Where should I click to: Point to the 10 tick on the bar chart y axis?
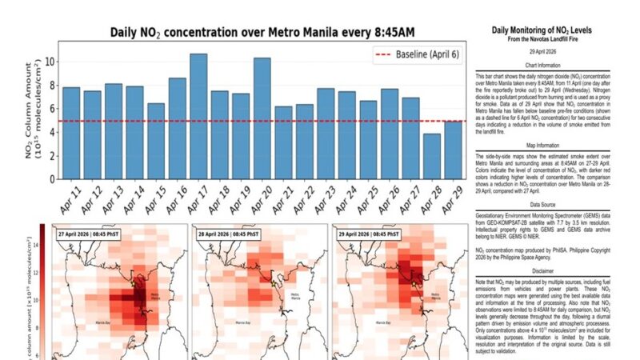pos(49,62)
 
